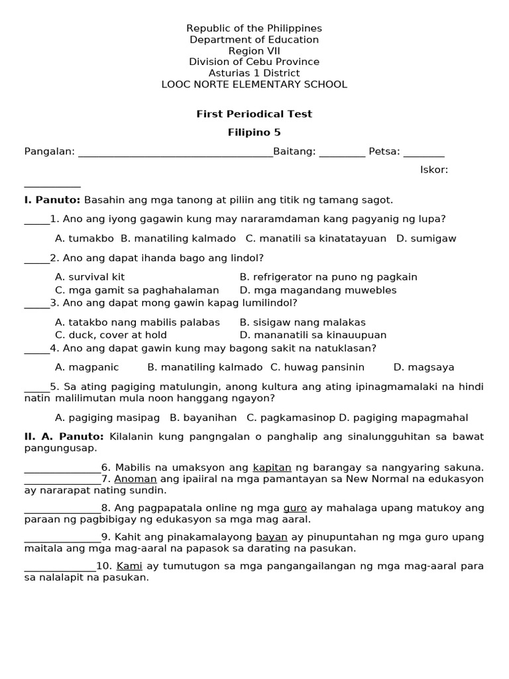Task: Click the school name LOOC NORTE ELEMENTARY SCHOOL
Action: coord(254,84)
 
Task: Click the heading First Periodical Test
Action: coord(254,114)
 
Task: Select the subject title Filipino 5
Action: coord(254,133)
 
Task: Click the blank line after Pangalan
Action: coord(176,153)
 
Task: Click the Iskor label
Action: coord(434,170)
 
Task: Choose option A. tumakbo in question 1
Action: coord(84,238)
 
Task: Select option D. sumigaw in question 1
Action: coord(426,238)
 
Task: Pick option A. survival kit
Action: coord(89,277)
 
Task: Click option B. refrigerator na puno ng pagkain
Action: coord(328,277)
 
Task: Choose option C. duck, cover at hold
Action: coord(111,335)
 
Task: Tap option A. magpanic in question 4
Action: coord(87,367)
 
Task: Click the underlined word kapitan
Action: coord(272,467)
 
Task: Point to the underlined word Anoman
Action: coord(135,479)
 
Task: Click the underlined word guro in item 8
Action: coord(295,508)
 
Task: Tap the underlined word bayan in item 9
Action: coord(271,537)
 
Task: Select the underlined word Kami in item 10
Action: coord(130,566)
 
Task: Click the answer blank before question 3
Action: coord(36,305)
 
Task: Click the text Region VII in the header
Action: coord(254,51)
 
